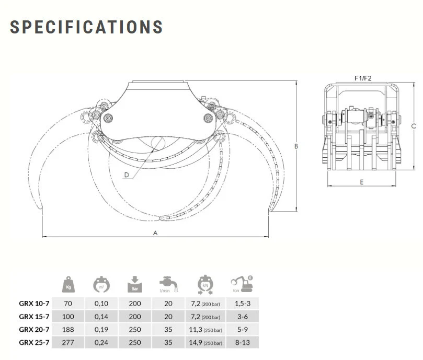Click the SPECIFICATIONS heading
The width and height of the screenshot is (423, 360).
(x=86, y=27)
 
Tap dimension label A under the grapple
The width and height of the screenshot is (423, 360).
(x=155, y=233)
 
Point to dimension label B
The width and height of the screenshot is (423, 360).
(x=296, y=146)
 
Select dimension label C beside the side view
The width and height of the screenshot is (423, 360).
(x=414, y=126)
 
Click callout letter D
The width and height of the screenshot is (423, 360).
(x=127, y=175)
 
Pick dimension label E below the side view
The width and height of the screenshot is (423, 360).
(x=362, y=182)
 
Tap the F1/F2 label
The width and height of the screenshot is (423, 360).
(x=363, y=78)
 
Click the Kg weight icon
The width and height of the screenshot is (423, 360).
(x=68, y=284)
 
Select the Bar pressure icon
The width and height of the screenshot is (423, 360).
(x=134, y=284)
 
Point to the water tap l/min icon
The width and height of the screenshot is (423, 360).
(x=168, y=284)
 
